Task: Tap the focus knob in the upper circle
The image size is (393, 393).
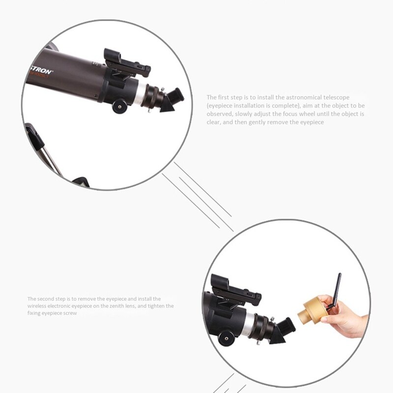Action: click(x=118, y=106)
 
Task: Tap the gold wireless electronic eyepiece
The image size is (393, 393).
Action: click(x=312, y=310)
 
